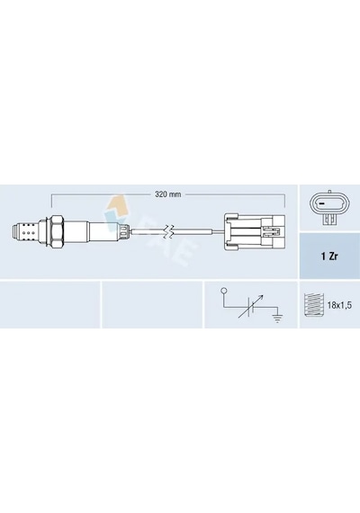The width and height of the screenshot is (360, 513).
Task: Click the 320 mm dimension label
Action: pos(167,194)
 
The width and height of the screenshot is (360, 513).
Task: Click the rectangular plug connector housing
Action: pos(255,231)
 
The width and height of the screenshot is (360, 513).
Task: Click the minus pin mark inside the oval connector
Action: pos(321,204)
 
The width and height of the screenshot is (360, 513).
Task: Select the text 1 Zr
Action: pos(328,256)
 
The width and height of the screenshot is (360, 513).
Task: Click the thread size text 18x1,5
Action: pos(339,306)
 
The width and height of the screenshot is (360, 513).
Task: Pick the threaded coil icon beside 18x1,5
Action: pos(312,305)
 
